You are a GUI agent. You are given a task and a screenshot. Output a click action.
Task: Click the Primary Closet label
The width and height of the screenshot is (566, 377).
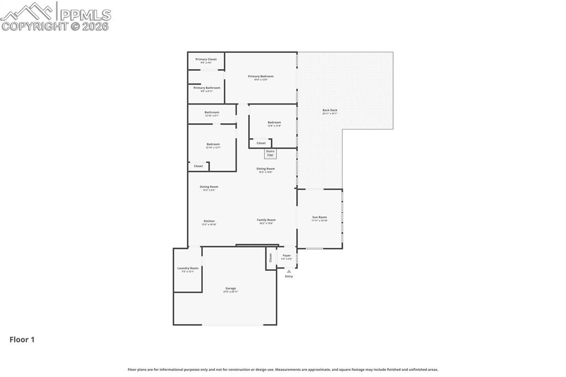[206, 59]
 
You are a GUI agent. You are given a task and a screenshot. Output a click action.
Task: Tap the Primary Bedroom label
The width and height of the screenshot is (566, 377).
[260, 76]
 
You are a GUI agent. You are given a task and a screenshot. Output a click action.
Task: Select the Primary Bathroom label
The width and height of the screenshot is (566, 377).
[206, 88]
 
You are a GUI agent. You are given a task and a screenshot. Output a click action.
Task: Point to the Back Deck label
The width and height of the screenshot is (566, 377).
[329, 110]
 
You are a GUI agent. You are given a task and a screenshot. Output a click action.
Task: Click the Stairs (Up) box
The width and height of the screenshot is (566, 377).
[270, 153]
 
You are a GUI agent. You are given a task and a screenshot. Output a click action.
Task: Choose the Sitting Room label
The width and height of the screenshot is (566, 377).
[265, 169]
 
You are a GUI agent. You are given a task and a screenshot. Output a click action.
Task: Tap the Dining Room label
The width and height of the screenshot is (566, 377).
[209, 187]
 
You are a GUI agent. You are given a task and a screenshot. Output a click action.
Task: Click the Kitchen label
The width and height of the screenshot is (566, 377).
[209, 221]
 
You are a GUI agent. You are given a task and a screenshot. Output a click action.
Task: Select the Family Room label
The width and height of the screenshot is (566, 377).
[266, 220]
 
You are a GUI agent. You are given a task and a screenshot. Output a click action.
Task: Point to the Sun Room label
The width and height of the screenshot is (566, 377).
[319, 217]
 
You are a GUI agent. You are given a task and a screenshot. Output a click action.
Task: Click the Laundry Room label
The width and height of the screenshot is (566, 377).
[187, 268]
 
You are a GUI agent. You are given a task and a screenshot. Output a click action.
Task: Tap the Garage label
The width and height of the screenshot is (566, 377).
[230, 289]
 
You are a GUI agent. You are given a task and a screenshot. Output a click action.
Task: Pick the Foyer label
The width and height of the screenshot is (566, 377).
[286, 255]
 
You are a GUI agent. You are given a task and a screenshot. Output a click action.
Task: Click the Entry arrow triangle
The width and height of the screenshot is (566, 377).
[289, 271]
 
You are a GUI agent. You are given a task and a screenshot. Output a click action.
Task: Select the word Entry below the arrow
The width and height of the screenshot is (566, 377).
[289, 276]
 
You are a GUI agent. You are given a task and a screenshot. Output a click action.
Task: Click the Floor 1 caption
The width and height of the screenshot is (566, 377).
[22, 340]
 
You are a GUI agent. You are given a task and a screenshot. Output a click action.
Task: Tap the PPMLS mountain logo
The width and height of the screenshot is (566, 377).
[28, 11]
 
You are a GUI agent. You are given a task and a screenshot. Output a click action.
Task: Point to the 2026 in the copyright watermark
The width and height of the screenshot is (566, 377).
[96, 26]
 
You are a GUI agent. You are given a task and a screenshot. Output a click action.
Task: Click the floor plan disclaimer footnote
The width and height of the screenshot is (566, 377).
[282, 369]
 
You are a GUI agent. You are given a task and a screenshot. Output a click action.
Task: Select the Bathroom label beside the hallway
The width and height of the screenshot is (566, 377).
[212, 112]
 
